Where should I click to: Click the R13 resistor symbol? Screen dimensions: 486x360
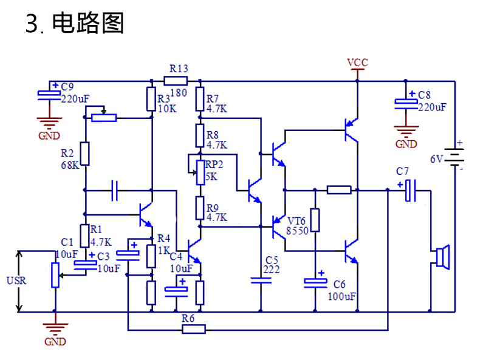coord(176,81)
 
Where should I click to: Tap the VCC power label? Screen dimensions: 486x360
coord(357,63)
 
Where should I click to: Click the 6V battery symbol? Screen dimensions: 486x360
coord(454,157)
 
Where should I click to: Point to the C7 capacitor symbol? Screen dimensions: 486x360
coord(411,190)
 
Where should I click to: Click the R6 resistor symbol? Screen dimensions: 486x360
coord(194,329)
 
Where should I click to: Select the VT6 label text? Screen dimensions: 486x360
coord(296,221)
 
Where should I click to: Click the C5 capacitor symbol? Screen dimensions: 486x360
coord(261,280)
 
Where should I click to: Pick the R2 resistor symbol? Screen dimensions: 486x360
coord(85,154)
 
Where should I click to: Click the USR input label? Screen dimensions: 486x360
coord(16,280)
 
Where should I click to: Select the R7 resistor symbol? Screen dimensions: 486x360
coord(200,99)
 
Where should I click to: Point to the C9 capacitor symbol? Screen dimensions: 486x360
coord(49,95)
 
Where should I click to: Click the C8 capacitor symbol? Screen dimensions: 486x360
coord(406,104)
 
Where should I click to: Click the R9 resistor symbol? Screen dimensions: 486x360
coord(200,208)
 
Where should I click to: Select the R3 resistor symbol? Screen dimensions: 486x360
coord(151,99)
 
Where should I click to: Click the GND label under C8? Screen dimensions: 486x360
coord(406,144)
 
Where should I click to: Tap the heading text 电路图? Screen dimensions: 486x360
coord(88,23)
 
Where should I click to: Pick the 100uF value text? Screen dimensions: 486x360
coord(342,296)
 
